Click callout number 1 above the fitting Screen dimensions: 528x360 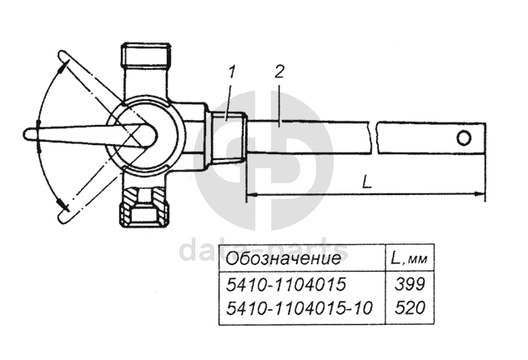232,72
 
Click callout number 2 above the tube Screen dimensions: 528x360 279,72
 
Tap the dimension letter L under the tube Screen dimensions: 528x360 367,182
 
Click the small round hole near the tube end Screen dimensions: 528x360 464,138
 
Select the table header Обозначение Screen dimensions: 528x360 284,258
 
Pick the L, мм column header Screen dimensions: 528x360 409,258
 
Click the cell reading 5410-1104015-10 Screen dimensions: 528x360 299,307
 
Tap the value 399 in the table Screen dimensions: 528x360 410,284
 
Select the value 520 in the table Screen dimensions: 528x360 410,307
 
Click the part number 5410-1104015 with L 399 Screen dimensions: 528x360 286,284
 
